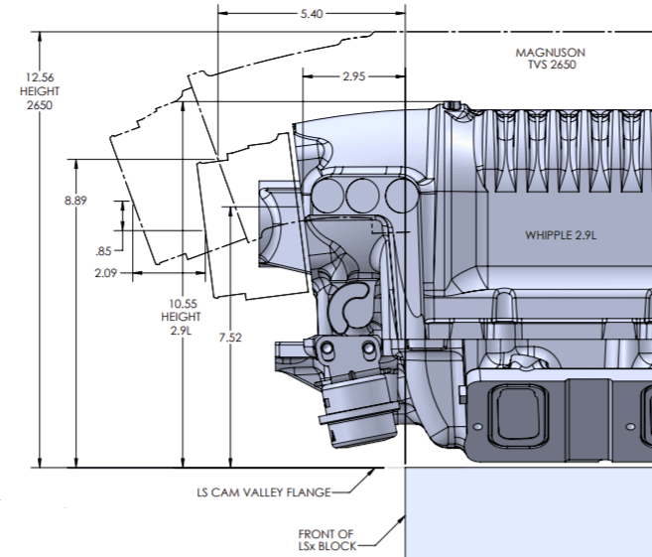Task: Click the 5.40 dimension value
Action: pos(311,15)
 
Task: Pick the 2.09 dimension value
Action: pos(106,272)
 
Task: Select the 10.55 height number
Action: pos(182,304)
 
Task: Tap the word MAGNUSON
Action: pos(551,52)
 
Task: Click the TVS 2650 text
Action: pos(551,65)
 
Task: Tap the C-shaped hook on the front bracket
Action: pos(349,304)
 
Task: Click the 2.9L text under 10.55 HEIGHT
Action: pos(182,330)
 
